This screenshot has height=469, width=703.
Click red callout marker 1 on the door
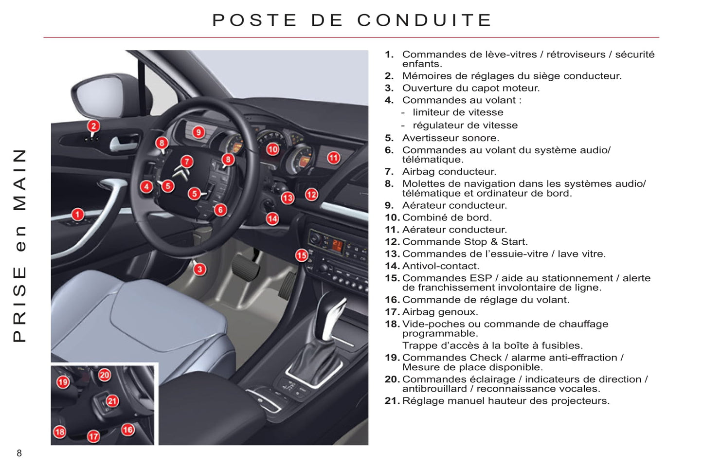click(77, 214)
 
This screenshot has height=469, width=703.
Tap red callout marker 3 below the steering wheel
click(199, 269)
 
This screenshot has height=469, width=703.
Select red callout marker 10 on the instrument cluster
click(272, 149)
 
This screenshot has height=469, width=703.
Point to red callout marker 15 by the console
click(302, 255)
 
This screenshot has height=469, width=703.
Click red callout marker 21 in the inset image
click(112, 401)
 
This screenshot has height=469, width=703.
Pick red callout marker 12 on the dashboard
click(311, 195)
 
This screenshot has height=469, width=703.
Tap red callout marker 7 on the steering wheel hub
click(187, 162)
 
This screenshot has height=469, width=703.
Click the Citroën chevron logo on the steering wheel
click(181, 173)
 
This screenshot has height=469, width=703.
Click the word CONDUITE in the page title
click(425, 20)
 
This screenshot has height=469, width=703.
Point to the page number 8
click(19, 453)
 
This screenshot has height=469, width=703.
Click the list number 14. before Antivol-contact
click(392, 266)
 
